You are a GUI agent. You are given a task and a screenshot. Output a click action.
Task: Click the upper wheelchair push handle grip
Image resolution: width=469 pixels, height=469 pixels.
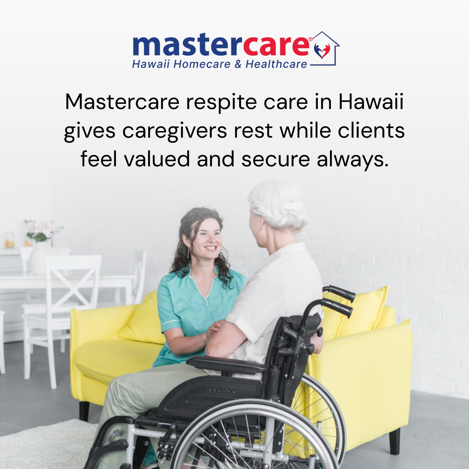339,293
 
